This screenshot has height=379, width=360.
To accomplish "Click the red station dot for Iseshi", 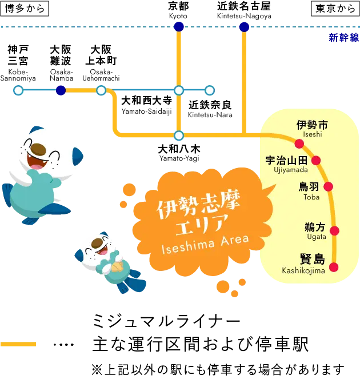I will [x=299, y=143].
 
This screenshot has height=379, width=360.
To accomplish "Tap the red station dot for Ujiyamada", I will [x=315, y=161].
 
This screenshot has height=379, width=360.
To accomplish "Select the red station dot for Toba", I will [x=328, y=186].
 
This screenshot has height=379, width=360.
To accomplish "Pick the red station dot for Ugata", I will [x=335, y=231].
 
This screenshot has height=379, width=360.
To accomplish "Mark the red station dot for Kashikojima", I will [x=334, y=266].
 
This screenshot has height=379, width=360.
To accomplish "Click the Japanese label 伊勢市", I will [x=312, y=125].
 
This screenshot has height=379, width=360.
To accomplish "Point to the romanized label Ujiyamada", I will [x=290, y=170].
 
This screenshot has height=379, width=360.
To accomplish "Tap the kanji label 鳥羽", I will [x=311, y=187].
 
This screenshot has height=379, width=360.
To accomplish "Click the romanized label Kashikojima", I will [x=303, y=270].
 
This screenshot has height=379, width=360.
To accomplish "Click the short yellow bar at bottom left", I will [x=18, y=344].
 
